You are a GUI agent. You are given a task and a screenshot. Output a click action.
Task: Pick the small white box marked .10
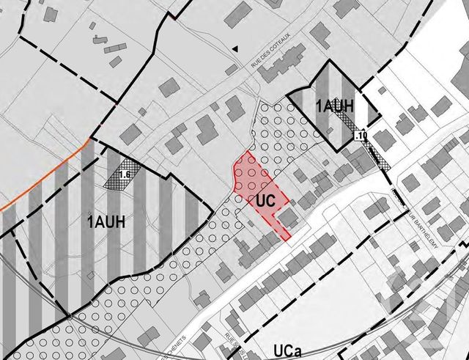tap(360, 136)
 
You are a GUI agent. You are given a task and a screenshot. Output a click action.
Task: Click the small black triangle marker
tap(235, 48)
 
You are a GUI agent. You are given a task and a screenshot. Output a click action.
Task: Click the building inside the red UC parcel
tap(289, 217)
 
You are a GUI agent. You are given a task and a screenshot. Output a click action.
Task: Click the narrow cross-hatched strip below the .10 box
tap(378, 155)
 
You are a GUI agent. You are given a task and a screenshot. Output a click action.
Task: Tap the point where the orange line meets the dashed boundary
tap(91, 137)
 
